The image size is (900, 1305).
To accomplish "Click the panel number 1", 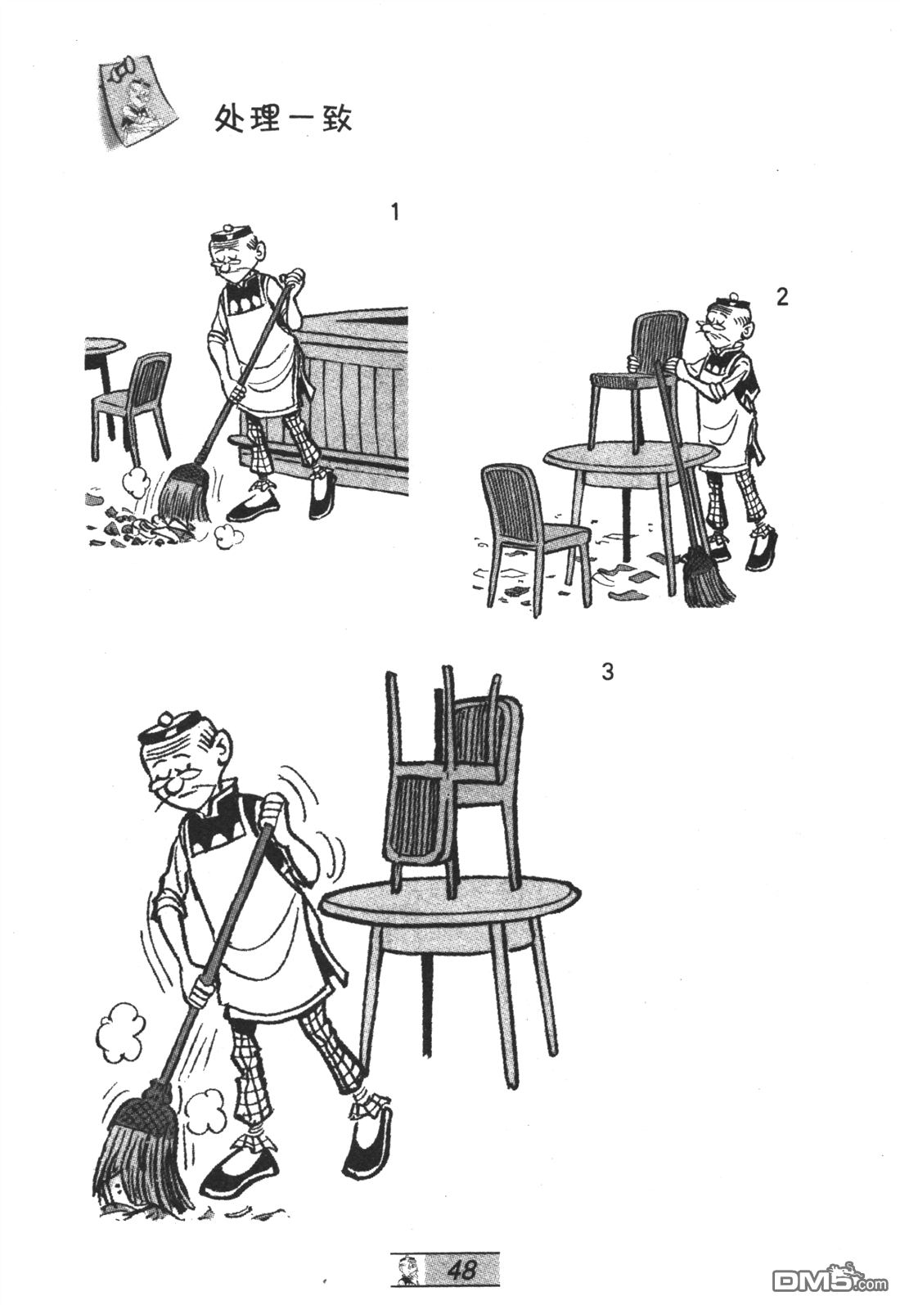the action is (x=395, y=213).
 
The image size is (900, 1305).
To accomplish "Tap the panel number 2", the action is (x=782, y=297).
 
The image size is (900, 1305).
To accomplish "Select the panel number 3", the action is (x=607, y=673).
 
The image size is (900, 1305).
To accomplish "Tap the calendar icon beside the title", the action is (x=136, y=102).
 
